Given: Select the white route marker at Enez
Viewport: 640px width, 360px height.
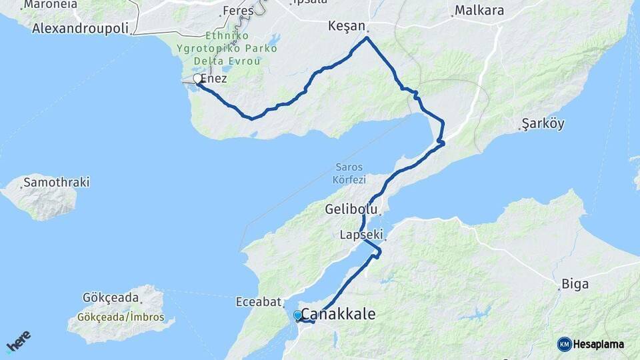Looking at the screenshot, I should (x=197, y=79).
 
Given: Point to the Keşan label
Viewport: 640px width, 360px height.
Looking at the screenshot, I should (x=347, y=26).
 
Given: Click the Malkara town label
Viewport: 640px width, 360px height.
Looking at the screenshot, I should (x=479, y=11).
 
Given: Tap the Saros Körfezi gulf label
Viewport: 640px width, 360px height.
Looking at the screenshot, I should (x=349, y=173).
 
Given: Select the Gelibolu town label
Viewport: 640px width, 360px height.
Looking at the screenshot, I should (x=352, y=209).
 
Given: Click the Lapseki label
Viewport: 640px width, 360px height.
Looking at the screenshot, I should (x=361, y=235).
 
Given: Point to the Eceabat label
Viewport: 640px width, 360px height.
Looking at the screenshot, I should (x=258, y=301).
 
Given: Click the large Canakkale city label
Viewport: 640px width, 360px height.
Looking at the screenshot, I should (x=339, y=313).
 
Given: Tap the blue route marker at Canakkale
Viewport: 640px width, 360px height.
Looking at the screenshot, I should (x=297, y=315).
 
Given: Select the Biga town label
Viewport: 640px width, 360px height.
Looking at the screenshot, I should (x=575, y=284).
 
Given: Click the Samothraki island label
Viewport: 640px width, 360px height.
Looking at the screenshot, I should (x=56, y=182).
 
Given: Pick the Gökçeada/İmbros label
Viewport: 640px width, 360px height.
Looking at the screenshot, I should (x=121, y=317).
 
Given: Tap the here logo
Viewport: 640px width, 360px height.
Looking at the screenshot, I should (x=18, y=341).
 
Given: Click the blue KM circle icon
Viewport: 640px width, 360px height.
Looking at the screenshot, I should (x=564, y=344).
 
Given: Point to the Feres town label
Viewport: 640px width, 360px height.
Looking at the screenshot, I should (x=238, y=11).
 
